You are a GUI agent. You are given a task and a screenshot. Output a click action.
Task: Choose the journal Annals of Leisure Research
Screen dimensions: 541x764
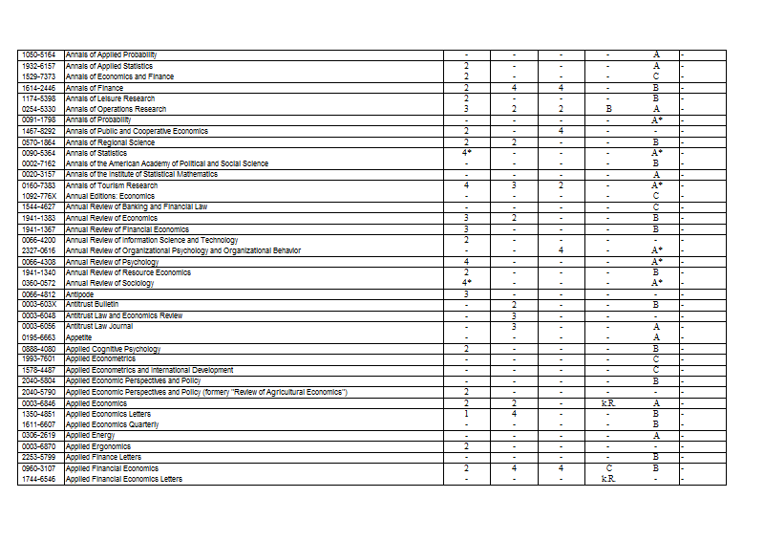(110, 98)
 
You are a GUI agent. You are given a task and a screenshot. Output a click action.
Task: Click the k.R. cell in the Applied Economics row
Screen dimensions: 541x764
(608, 402)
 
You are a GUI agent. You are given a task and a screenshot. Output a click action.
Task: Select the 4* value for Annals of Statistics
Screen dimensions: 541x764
(467, 153)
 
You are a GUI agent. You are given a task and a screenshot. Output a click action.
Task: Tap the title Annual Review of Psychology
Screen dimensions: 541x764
(112, 261)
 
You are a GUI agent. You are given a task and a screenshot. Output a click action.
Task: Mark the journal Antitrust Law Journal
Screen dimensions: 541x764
(99, 326)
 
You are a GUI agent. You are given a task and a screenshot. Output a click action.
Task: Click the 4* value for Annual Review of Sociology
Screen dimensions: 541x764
(467, 283)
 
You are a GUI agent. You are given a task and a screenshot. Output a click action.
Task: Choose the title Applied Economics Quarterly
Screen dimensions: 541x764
(112, 424)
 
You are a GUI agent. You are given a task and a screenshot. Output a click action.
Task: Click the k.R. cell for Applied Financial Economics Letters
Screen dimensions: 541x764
(608, 479)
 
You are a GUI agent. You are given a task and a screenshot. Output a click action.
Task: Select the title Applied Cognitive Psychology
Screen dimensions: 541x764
(113, 348)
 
